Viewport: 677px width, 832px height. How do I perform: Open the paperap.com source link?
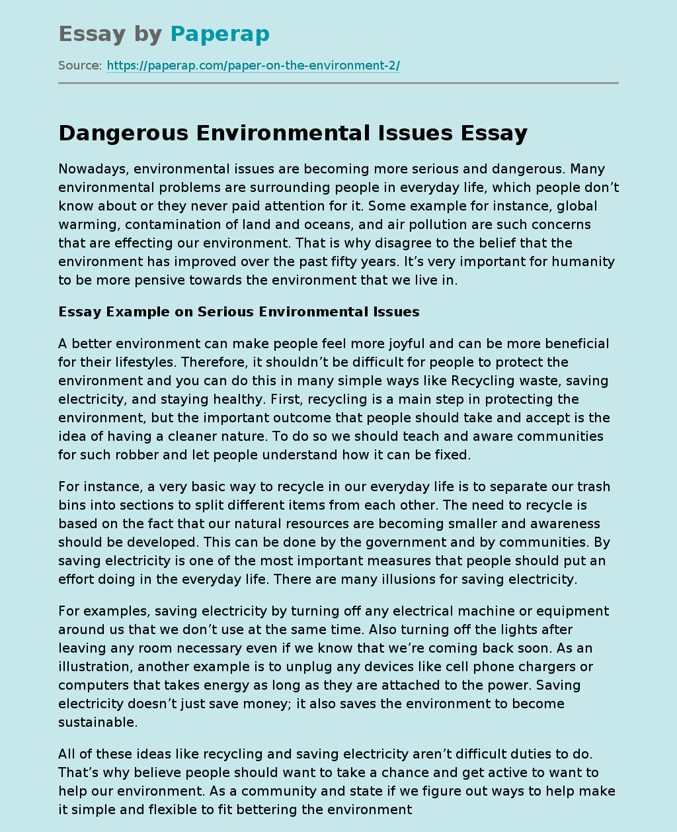click(x=253, y=66)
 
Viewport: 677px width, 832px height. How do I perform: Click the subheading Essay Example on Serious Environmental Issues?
click(x=239, y=311)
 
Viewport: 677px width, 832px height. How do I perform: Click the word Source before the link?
click(x=79, y=66)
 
